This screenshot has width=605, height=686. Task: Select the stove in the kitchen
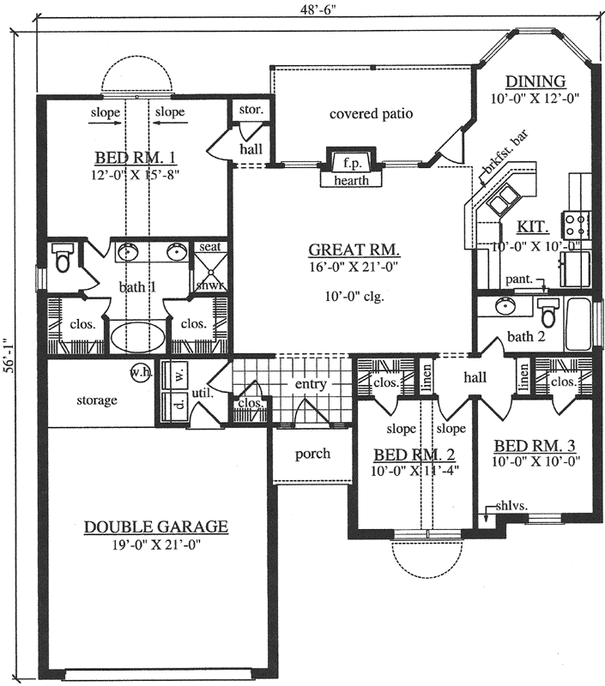[x=576, y=225]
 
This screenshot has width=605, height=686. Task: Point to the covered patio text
[x=371, y=113]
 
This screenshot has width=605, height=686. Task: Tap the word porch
[x=312, y=453]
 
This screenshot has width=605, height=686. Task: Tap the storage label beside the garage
[x=96, y=400]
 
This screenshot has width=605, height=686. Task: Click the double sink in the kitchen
[x=503, y=203]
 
